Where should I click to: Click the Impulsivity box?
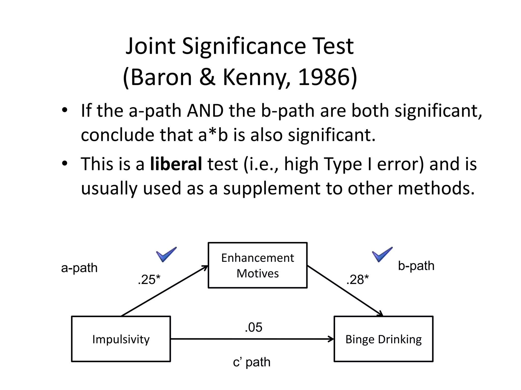pos(121,339)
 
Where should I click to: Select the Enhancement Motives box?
pos(257,265)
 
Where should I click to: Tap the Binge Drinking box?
pos(383,339)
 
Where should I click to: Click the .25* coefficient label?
pos(149,280)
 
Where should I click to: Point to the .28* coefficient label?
pos(357,280)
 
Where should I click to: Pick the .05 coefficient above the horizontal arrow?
pos(253,327)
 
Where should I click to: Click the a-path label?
pos(79,268)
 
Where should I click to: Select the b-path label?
pos(416,266)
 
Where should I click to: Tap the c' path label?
pos(252,362)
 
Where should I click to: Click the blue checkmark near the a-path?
pos(166,254)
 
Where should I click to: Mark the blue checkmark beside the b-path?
pos(382,254)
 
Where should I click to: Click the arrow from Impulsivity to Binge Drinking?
pos(252,339)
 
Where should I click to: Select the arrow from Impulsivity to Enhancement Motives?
pos(165,291)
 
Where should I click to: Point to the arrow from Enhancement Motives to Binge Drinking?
pos(345,291)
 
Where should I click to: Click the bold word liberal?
pos(176,164)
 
